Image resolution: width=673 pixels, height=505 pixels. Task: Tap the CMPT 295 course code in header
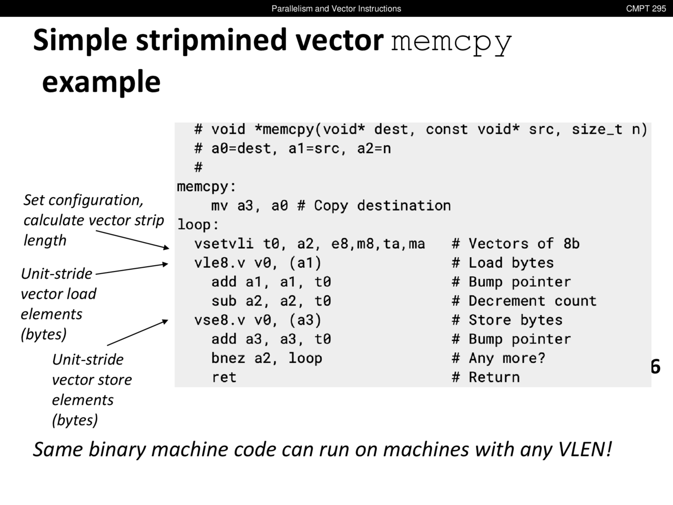pyautogui.click(x=646, y=8)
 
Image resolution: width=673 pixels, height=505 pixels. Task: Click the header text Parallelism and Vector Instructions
pyautogui.click(x=336, y=8)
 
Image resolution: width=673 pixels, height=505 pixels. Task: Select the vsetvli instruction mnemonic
pyautogui.click(x=223, y=244)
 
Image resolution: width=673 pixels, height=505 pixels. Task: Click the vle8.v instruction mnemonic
pyautogui.click(x=219, y=262)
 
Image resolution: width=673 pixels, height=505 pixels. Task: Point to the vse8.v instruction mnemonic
pyautogui.click(x=219, y=320)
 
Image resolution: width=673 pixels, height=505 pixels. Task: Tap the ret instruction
pyautogui.click(x=224, y=377)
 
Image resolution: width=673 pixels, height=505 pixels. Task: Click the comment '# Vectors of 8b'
pyautogui.click(x=515, y=244)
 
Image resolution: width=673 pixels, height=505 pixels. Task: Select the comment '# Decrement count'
pyautogui.click(x=524, y=301)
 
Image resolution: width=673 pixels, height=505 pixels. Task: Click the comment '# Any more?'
pyautogui.click(x=498, y=358)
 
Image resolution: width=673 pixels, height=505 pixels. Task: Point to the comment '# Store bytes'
pyautogui.click(x=507, y=320)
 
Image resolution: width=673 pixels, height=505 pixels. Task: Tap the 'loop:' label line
pyautogui.click(x=198, y=225)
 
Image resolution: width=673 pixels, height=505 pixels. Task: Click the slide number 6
pyautogui.click(x=655, y=367)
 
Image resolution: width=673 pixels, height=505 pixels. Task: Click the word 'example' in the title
pyautogui.click(x=101, y=82)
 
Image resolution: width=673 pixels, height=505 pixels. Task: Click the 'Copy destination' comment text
pyautogui.click(x=382, y=206)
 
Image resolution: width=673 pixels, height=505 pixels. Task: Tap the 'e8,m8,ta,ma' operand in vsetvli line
pyautogui.click(x=378, y=244)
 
